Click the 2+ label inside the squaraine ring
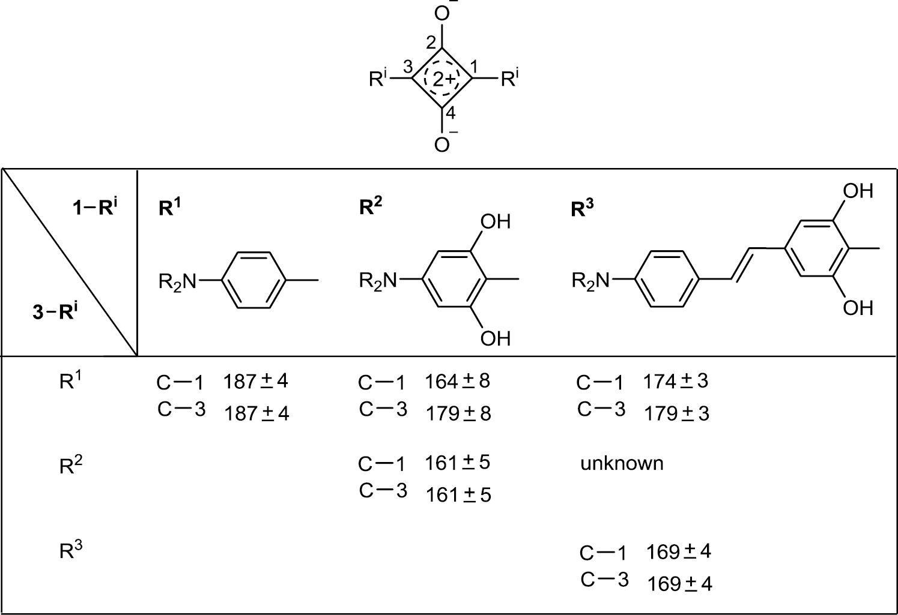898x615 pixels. tap(444, 79)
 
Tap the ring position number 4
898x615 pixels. tap(451, 113)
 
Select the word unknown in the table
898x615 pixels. tap(622, 463)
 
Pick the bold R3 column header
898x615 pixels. tap(582, 208)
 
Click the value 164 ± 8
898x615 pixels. tap(458, 381)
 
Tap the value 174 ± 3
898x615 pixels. tap(676, 381)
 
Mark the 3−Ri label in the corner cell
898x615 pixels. tap(55, 311)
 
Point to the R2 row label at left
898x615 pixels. tap(71, 465)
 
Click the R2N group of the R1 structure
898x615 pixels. tap(178, 281)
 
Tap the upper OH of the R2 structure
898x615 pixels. tap(496, 221)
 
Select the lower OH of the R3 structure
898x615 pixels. tap(858, 308)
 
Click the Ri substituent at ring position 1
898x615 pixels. tap(509, 79)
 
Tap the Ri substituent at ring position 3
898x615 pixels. tap(378, 79)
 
